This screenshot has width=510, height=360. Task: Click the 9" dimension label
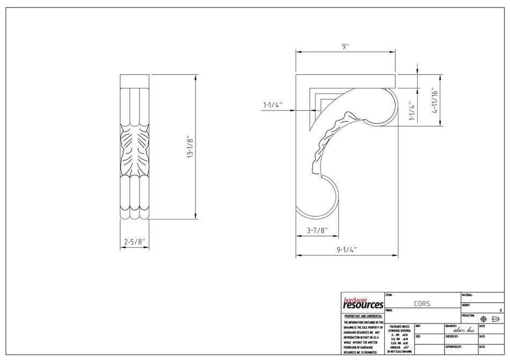pyautogui.click(x=345, y=47)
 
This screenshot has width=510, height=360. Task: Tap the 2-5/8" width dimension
pyautogui.click(x=134, y=242)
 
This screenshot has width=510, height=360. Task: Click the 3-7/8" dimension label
pyautogui.click(x=317, y=231)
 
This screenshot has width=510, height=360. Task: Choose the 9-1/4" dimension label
pyautogui.click(x=347, y=249)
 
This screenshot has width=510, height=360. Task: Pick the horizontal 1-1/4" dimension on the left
pyautogui.click(x=273, y=105)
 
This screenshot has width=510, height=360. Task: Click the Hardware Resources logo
pyautogui.click(x=363, y=304)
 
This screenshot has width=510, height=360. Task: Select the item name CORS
pyautogui.click(x=421, y=304)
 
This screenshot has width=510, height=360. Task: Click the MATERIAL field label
pyautogui.click(x=467, y=295)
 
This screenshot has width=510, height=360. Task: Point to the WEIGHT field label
pyautogui.click(x=466, y=305)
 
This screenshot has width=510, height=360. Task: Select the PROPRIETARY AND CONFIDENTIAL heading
pyautogui.click(x=363, y=317)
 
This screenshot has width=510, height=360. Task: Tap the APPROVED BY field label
pyautogui.click(x=455, y=347)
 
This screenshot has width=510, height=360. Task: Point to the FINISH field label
pyautogui.click(x=390, y=310)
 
